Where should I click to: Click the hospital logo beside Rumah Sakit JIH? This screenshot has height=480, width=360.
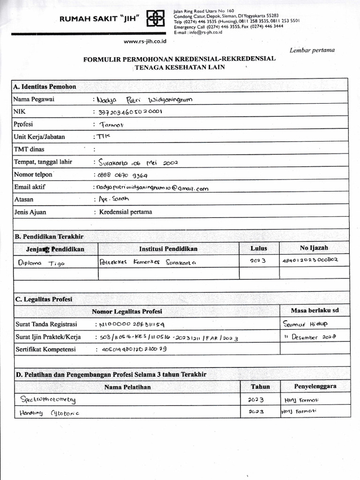pyautogui.click(x=156, y=19)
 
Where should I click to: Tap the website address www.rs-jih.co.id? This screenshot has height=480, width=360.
pyautogui.click(x=145, y=41)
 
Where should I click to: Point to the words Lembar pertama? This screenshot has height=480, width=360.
pyautogui.click(x=312, y=51)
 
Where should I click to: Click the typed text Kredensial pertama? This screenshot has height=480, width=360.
pyautogui.click(x=126, y=212)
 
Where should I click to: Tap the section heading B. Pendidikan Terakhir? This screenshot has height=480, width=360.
pyautogui.click(x=49, y=237)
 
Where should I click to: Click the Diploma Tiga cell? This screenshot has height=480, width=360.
pyautogui.click(x=42, y=263)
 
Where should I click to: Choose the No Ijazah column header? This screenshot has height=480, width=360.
pyautogui.click(x=314, y=248)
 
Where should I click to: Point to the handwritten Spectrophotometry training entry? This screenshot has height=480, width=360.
pyautogui.click(x=47, y=399)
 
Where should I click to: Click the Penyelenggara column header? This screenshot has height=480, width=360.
pyautogui.click(x=315, y=387)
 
